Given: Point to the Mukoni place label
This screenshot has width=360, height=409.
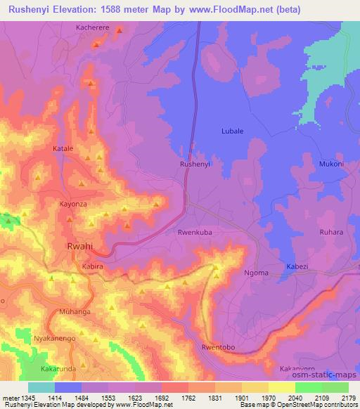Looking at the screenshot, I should click(x=331, y=164).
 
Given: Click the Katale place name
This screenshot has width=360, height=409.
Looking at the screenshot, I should click(x=63, y=149).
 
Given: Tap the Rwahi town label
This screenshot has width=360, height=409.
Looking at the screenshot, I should click(x=79, y=247).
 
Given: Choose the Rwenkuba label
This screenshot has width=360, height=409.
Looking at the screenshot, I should click(x=195, y=231).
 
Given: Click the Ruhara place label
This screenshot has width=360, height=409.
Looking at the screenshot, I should click(x=331, y=233).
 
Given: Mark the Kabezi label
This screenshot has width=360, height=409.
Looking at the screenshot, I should click(x=297, y=266).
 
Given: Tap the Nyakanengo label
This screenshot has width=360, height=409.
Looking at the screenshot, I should click(x=55, y=338).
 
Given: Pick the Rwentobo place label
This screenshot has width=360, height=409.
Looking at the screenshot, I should click(x=217, y=346).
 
